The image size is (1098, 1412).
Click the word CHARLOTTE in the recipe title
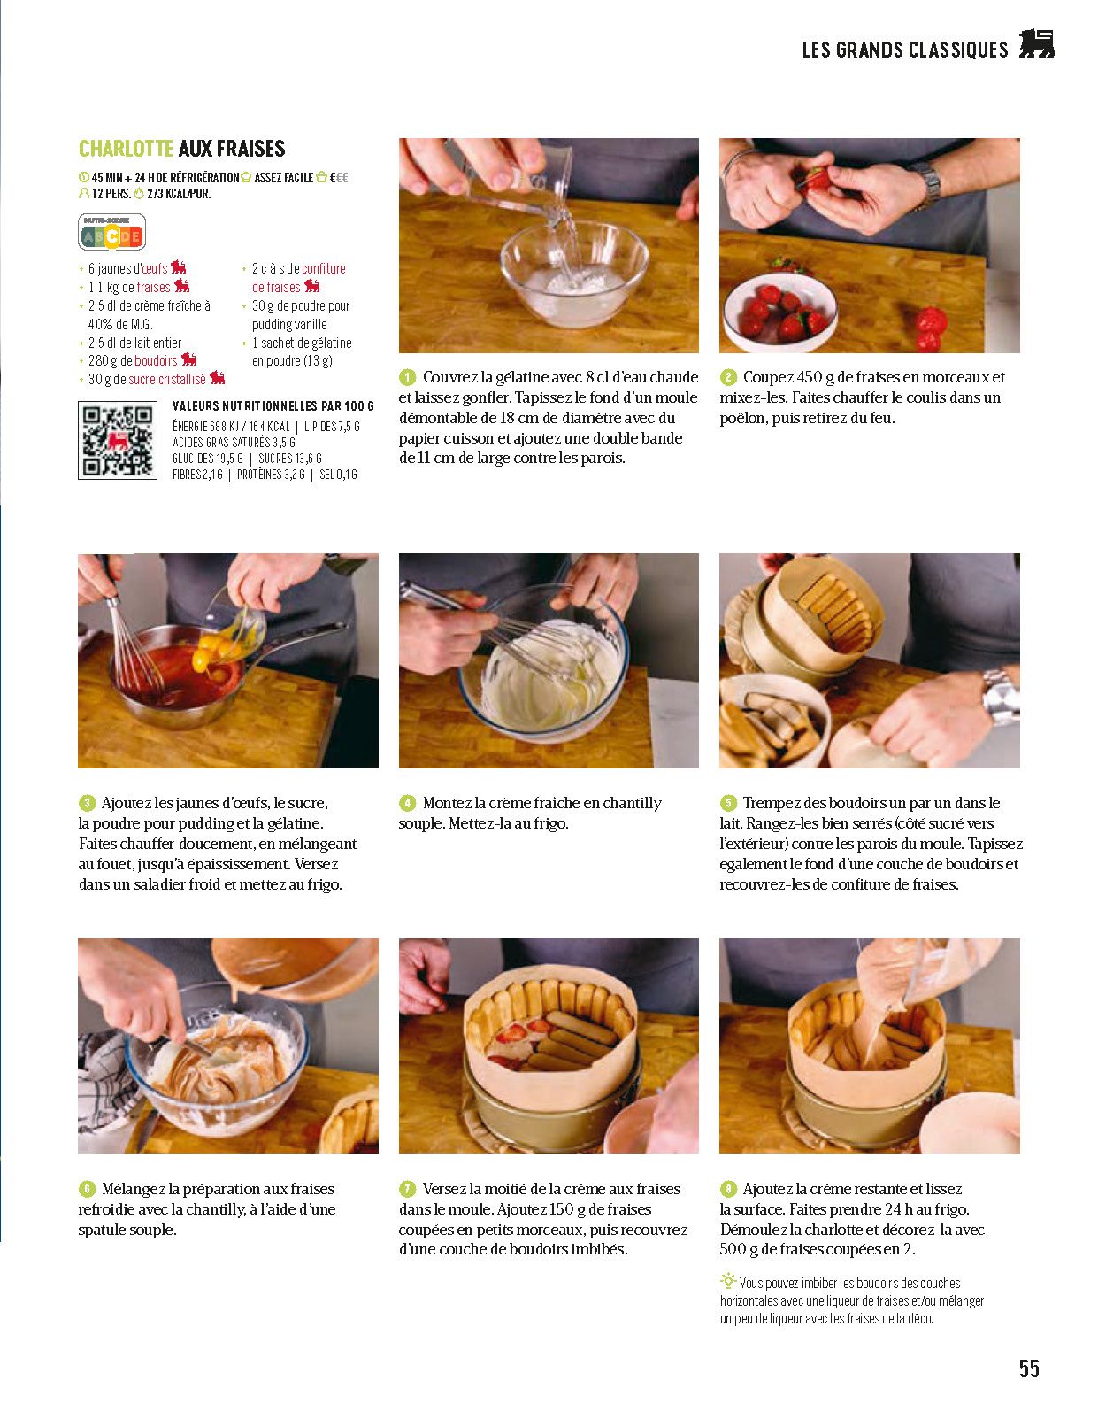(126, 149)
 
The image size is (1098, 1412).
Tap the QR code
(118, 441)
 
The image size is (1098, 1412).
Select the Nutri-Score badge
(111, 232)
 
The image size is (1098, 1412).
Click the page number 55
(1029, 1368)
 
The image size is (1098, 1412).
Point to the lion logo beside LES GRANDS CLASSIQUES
(1036, 44)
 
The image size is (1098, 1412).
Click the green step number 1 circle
(407, 377)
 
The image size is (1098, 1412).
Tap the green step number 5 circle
(728, 803)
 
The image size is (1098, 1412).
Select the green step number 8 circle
(728, 1189)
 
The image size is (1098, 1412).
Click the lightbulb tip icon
(728, 1281)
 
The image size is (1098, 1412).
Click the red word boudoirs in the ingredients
(156, 360)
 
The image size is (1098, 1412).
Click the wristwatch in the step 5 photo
(1001, 698)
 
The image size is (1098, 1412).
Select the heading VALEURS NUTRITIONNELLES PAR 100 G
(273, 406)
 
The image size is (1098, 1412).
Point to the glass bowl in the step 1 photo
(574, 273)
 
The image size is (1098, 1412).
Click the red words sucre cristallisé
(167, 380)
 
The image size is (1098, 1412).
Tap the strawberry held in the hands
(816, 177)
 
